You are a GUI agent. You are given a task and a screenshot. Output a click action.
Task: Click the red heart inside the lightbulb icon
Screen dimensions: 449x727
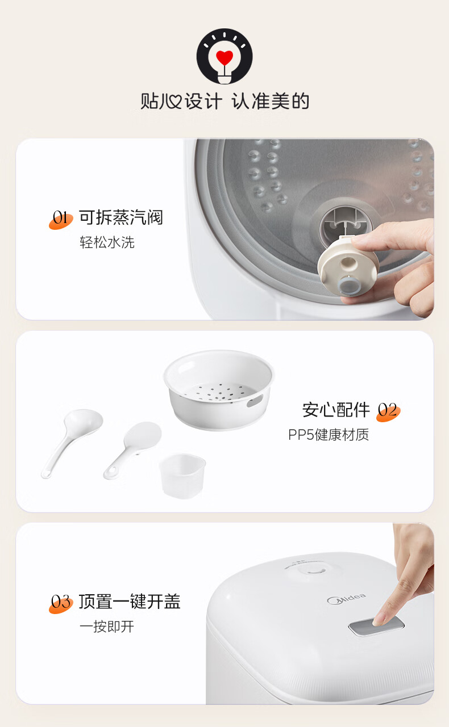(224, 58)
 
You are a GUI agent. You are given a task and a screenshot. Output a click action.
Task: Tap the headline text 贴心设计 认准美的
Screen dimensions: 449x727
(224, 101)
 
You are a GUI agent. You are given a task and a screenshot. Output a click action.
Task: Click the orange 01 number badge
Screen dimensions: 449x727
(61, 220)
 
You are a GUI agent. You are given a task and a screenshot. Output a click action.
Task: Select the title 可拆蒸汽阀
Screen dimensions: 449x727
(121, 217)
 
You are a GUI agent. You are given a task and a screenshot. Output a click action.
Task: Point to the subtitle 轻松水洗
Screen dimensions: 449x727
(107, 242)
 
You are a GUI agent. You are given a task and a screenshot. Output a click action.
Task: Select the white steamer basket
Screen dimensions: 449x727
(219, 390)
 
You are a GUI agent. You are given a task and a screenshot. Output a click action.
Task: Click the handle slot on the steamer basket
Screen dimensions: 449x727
(255, 401)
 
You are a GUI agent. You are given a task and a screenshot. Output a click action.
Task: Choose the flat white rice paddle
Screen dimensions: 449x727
(132, 450)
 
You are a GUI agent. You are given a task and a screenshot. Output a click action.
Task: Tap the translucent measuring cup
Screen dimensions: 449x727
(182, 476)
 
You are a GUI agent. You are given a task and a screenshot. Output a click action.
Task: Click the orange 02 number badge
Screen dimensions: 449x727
(388, 411)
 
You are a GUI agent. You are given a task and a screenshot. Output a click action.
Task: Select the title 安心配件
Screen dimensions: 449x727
(336, 410)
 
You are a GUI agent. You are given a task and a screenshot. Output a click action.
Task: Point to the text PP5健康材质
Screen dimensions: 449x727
(329, 435)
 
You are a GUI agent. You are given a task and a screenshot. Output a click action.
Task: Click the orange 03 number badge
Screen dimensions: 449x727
(61, 603)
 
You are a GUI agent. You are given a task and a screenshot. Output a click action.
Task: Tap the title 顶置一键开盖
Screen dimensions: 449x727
(130, 602)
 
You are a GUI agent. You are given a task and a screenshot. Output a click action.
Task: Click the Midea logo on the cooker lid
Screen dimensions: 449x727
(347, 599)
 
